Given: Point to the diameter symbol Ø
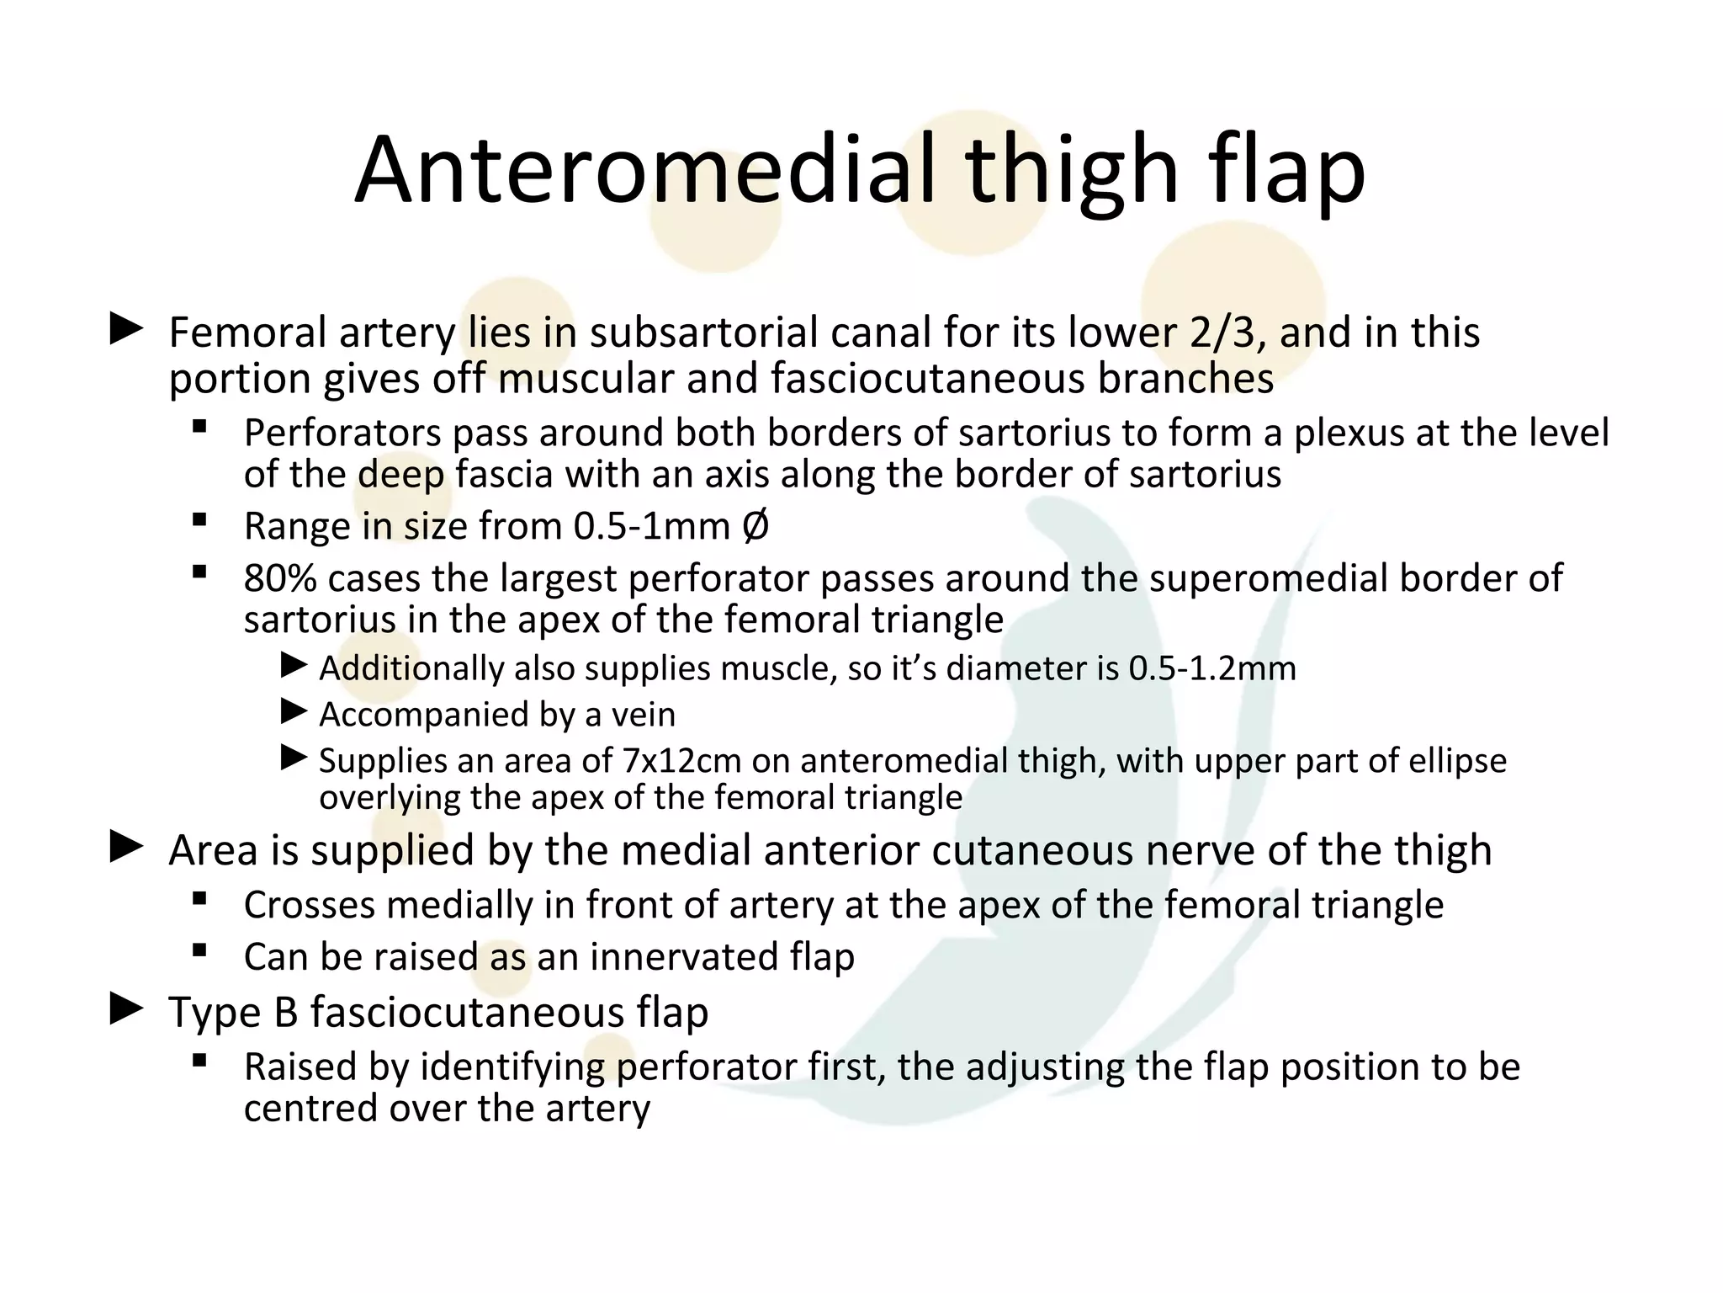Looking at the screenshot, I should click(x=755, y=527).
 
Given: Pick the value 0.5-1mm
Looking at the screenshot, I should click(x=651, y=527).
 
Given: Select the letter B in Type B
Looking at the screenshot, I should click(x=286, y=1012).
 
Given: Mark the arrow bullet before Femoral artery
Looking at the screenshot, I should click(x=126, y=329).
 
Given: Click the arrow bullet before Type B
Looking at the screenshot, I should click(x=126, y=1008).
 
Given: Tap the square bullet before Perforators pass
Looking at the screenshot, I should click(x=199, y=427).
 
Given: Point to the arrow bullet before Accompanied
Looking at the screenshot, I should click(x=294, y=712).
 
